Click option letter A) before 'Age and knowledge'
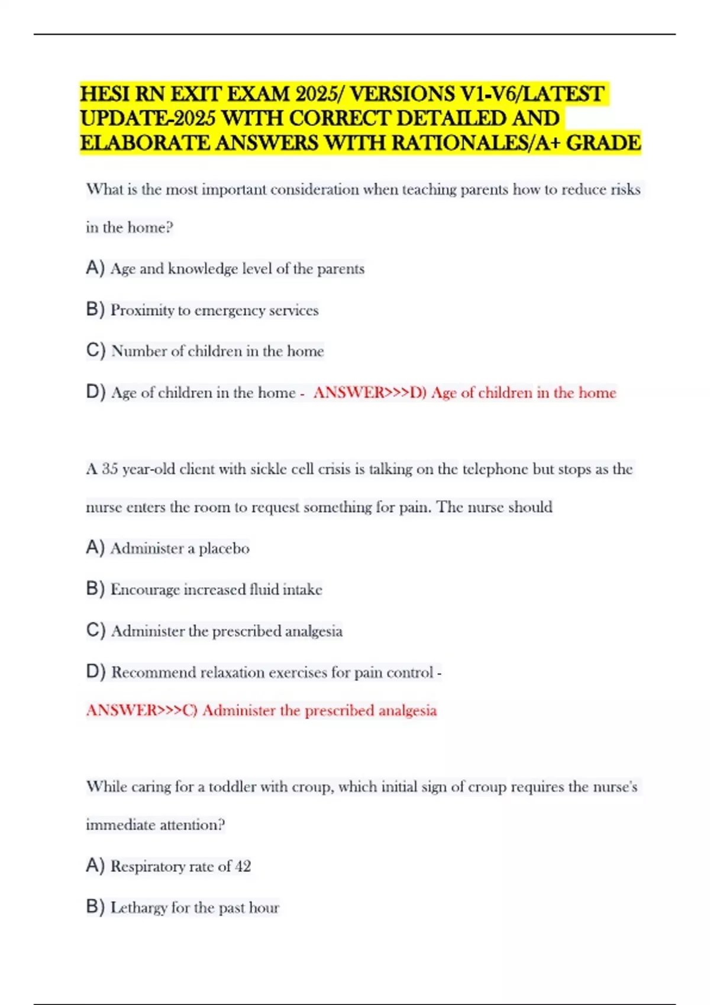tap(95, 268)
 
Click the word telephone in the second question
tap(495, 469)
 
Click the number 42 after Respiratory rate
tap(243, 867)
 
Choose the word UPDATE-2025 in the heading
tap(148, 119)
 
